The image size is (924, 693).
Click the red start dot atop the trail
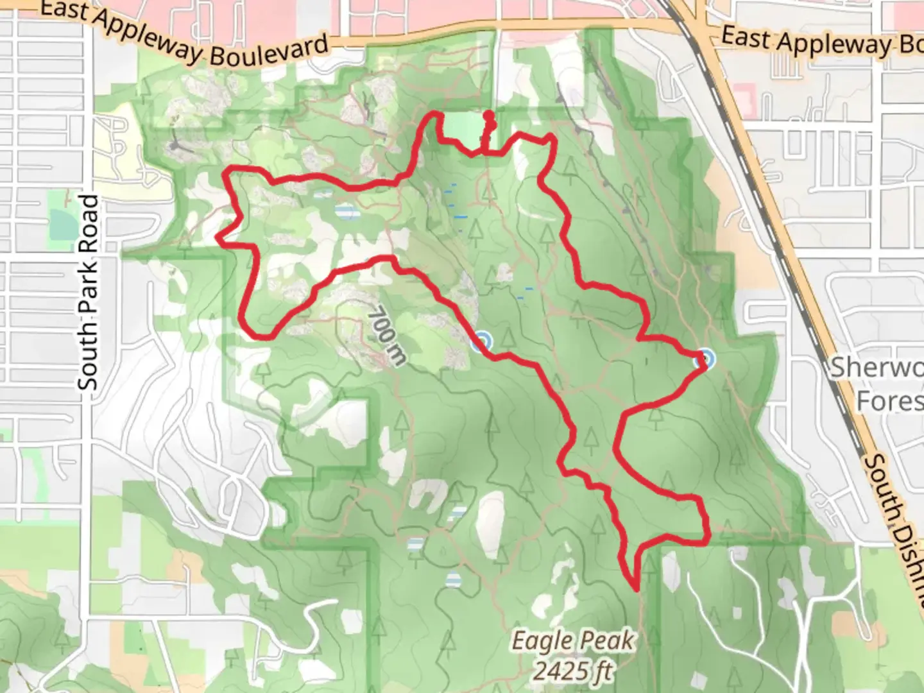point(489,116)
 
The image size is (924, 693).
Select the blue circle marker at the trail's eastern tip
point(705,359)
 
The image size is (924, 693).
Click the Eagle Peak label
point(573,640)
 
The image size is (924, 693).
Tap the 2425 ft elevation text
point(573,671)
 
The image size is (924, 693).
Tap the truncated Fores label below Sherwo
point(889,401)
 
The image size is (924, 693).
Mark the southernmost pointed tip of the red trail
point(635,587)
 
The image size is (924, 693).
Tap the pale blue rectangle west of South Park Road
point(62,223)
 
